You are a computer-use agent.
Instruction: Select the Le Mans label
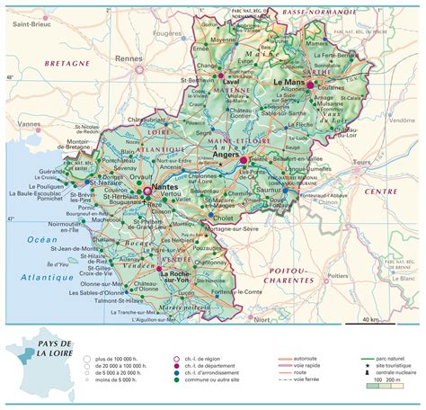click(289, 83)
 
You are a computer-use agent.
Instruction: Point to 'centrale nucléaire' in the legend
click(401, 373)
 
